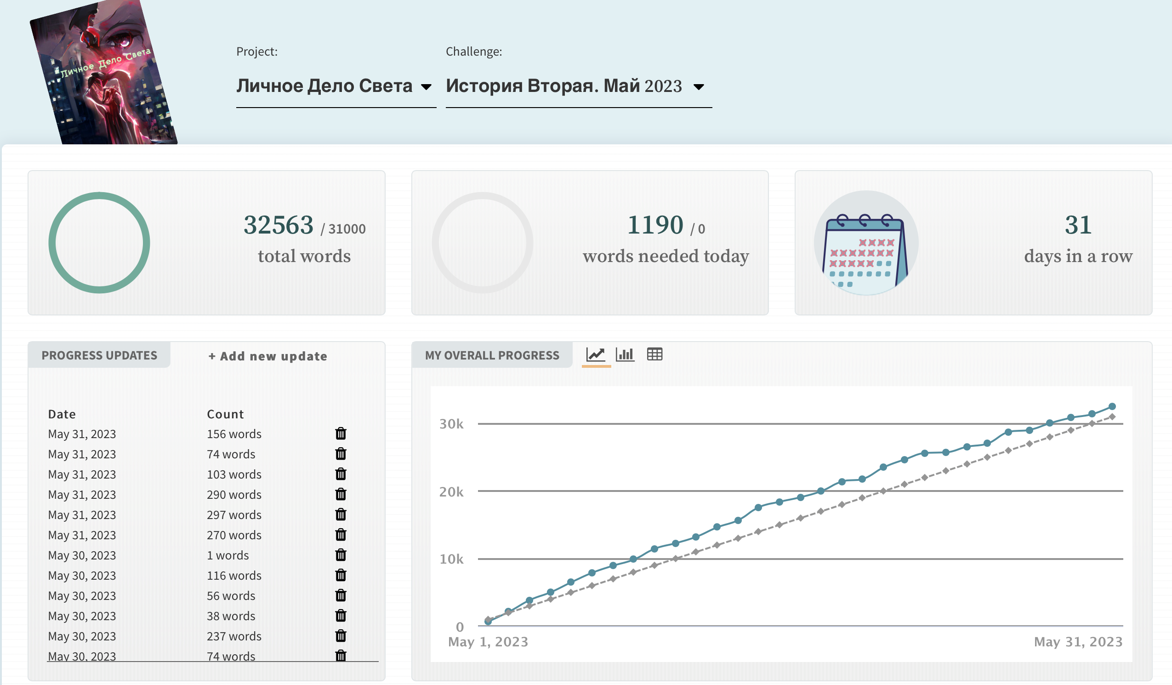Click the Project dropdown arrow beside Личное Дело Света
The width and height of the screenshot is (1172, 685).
coord(426,87)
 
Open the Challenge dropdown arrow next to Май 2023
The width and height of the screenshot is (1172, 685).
coord(699,87)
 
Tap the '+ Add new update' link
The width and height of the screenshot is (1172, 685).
coord(268,356)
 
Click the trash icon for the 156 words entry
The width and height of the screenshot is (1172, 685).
coord(341,433)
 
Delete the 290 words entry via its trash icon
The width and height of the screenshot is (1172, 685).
coord(341,494)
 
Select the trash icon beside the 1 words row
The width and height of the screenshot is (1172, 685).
coord(341,555)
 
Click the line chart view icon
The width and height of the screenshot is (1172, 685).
coord(596,354)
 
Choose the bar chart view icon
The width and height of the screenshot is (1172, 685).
coord(625,354)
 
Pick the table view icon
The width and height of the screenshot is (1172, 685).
coord(655,354)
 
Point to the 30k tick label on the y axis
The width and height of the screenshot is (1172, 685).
coord(452,424)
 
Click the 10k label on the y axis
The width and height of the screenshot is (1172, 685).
coord(452,559)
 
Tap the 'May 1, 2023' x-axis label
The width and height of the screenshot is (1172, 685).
coord(488,642)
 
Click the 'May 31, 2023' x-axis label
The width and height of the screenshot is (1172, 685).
coord(1078,642)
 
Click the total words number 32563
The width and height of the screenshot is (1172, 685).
coord(279,225)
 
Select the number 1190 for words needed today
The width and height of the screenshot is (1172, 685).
coord(655,225)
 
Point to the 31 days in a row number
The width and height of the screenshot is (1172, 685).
coord(1078,225)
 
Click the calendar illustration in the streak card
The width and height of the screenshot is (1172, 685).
coord(866,243)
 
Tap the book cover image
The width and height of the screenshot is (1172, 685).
coord(104,72)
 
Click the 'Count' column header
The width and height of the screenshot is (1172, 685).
coord(225,414)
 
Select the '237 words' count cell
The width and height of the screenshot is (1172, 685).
coord(234,636)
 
